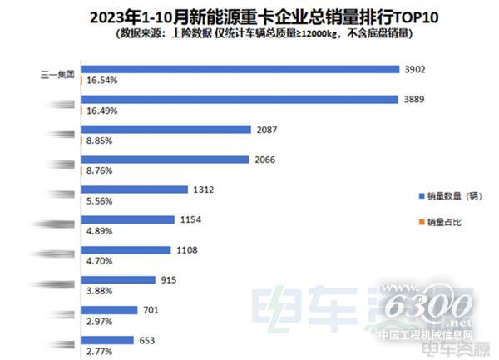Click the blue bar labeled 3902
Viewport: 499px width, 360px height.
239,69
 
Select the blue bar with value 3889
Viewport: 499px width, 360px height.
238,99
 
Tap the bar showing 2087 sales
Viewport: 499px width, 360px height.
166,129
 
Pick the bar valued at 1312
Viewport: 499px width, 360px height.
133,190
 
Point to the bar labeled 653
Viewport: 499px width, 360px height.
106,339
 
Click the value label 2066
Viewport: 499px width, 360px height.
267,159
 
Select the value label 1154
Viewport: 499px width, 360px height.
190,219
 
